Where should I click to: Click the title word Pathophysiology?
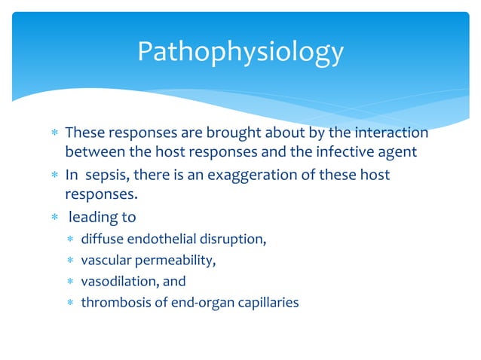point(240,52)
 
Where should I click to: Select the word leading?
point(93,218)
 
